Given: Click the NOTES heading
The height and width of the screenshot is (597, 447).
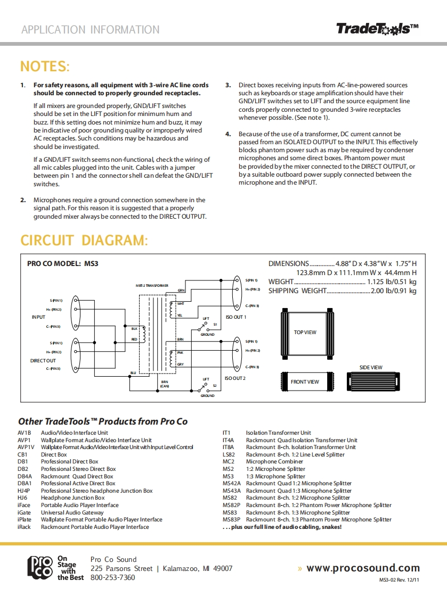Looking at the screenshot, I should [x=45, y=67].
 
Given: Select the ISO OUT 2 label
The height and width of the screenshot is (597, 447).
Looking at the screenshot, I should [x=235, y=378].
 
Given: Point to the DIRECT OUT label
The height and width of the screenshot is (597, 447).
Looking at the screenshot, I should [x=43, y=361].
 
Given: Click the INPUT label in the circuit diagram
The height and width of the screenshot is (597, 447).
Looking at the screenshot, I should [x=38, y=317].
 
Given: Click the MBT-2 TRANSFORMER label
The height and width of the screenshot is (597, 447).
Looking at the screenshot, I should [x=152, y=286].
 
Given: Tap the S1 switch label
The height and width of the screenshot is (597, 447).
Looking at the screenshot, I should [x=215, y=324].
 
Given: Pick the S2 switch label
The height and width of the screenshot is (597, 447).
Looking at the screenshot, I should [x=215, y=385].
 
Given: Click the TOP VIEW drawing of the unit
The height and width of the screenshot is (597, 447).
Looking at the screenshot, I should [x=305, y=333].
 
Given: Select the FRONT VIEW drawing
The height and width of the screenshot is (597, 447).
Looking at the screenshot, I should [x=305, y=382].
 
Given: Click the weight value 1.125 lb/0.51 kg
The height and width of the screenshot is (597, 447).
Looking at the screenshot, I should [x=392, y=281].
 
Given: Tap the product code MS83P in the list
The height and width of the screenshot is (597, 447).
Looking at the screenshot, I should [x=232, y=519].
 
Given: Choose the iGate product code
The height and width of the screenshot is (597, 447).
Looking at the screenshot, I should [x=24, y=512].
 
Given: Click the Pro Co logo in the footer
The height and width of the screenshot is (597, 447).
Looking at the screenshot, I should [x=40, y=568].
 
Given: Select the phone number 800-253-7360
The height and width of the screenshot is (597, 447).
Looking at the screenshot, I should [x=113, y=577].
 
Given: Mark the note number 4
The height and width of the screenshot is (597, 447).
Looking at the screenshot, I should [x=228, y=134].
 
